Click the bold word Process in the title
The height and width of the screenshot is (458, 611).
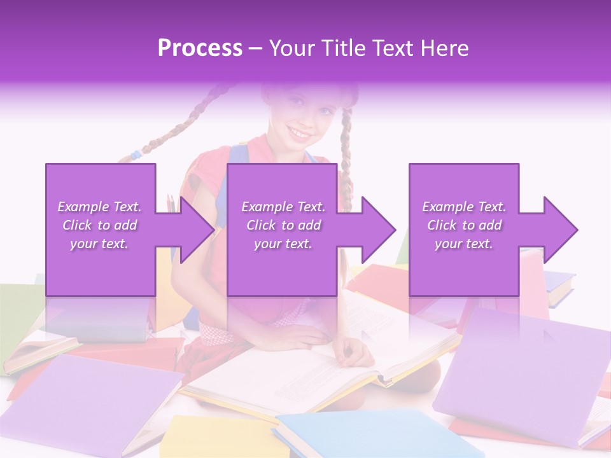coord(200,48)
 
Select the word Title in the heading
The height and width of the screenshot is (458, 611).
coord(342,48)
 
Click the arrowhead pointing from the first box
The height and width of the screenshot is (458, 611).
coord(193,230)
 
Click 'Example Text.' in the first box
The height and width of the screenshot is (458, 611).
coord(100,207)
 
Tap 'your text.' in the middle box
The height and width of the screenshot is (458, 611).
coord(283,244)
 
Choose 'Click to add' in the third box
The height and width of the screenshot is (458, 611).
coord(464,225)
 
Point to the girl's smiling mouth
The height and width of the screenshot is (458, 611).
coord(300,134)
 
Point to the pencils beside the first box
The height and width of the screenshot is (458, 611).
coord(171,203)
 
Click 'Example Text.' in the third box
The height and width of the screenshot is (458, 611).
coord(464,207)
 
